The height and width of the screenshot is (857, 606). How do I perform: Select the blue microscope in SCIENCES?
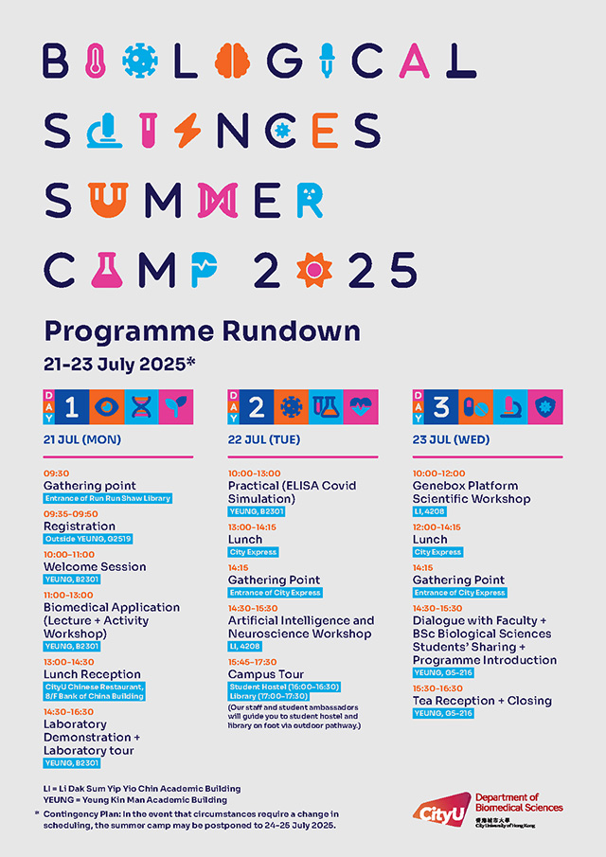98,130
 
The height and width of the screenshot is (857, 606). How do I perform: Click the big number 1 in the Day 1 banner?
72,406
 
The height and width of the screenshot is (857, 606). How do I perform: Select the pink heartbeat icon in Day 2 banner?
360,406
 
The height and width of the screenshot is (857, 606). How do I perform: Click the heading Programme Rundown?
202,330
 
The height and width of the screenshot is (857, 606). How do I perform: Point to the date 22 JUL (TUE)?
263,439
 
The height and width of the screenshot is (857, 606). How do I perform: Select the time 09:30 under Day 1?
56,473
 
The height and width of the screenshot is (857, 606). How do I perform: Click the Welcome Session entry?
95,566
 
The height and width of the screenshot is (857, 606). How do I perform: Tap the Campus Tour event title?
265,674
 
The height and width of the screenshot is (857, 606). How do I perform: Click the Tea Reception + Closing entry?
482,701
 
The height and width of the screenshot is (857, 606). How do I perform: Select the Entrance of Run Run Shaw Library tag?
108,498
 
